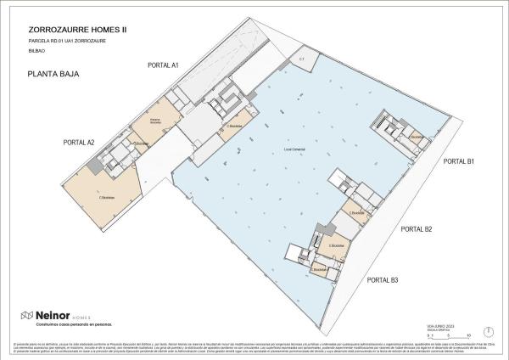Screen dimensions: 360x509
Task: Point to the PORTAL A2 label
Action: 79,142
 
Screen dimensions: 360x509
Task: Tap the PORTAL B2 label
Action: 417,229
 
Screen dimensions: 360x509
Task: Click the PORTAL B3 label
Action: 383,279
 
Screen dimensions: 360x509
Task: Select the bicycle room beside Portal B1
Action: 417,138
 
